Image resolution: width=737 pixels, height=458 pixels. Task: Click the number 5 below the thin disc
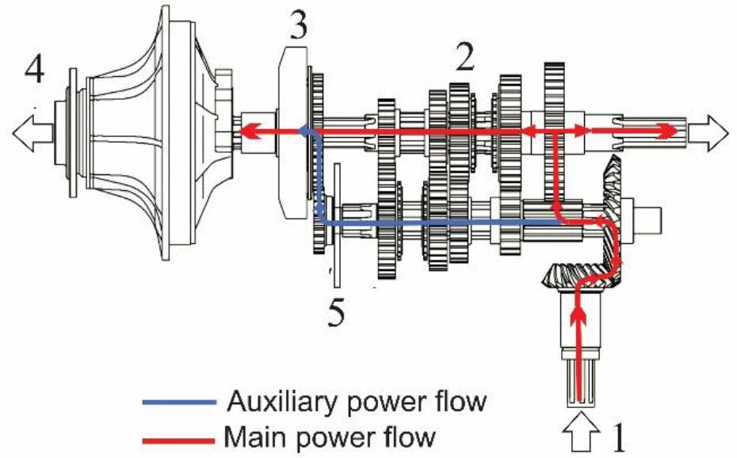click(x=337, y=311)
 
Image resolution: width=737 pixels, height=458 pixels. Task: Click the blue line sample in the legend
click(x=178, y=403)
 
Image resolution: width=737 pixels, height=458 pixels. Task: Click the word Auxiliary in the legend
click(x=277, y=402)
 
